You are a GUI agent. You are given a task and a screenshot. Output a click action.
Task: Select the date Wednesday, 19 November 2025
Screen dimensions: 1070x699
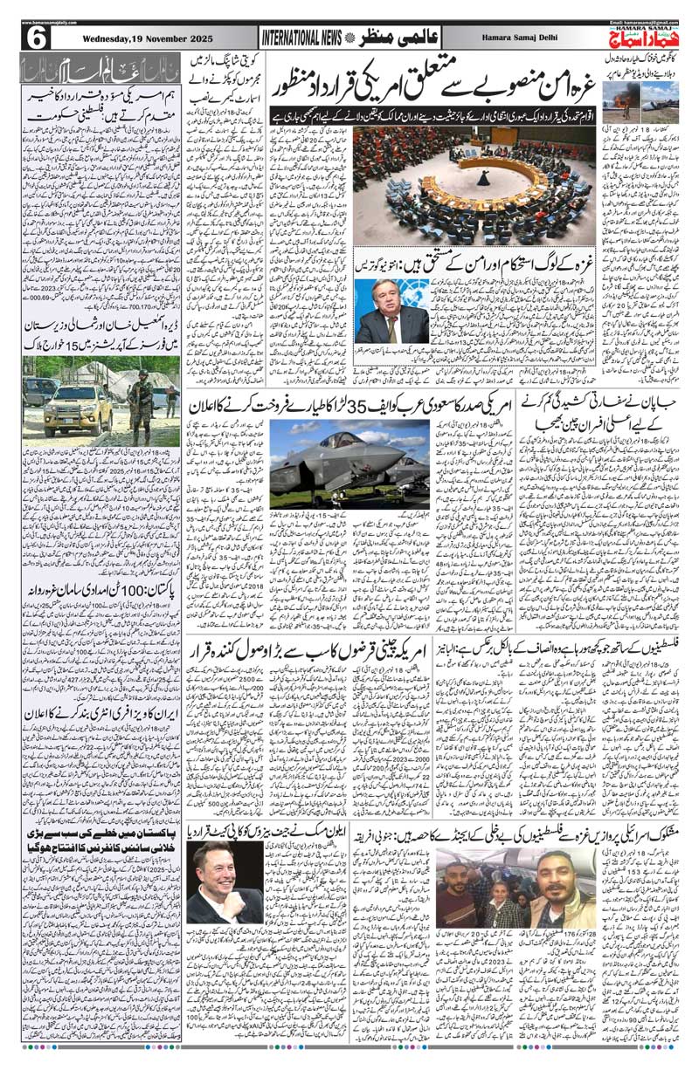pos(132,40)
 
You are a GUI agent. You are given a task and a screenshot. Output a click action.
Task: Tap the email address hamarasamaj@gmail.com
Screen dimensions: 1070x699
pos(642,21)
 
